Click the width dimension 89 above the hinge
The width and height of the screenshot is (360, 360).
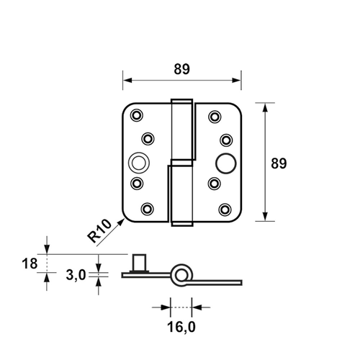(181, 69)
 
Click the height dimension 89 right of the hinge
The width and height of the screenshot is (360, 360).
(279, 163)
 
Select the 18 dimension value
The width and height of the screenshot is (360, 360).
(29, 264)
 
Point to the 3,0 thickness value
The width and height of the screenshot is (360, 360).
(76, 274)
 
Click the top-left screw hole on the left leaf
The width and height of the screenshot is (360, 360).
(137, 114)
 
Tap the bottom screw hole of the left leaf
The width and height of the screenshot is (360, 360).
(148, 210)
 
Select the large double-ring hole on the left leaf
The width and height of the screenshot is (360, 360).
(138, 162)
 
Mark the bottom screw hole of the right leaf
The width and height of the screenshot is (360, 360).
(226, 210)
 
